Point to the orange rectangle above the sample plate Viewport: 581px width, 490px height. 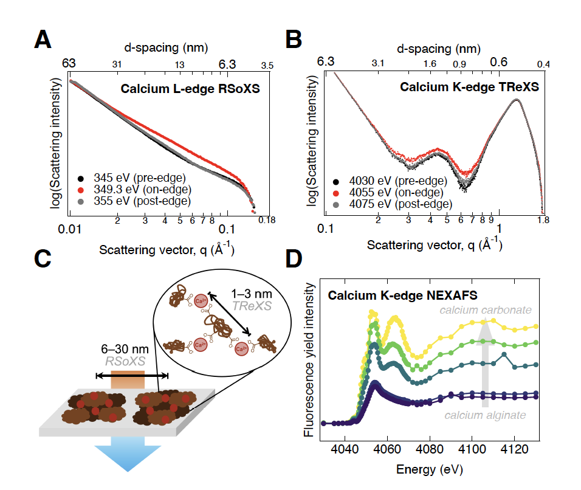point(128,381)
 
